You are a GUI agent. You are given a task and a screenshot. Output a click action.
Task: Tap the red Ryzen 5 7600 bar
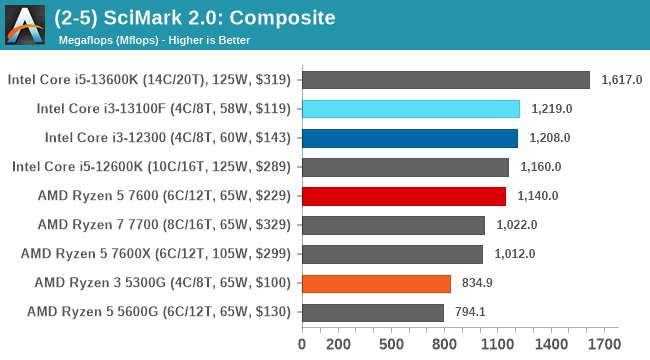pyautogui.click(x=403, y=196)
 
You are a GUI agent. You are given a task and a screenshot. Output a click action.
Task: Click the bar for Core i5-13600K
pyautogui.click(x=445, y=80)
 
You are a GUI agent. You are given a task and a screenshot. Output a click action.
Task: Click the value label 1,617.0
pyautogui.click(x=622, y=80)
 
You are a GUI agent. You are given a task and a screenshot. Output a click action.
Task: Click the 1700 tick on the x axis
pyautogui.click(x=603, y=345)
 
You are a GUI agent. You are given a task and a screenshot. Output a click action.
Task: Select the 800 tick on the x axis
pyautogui.click(x=444, y=345)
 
